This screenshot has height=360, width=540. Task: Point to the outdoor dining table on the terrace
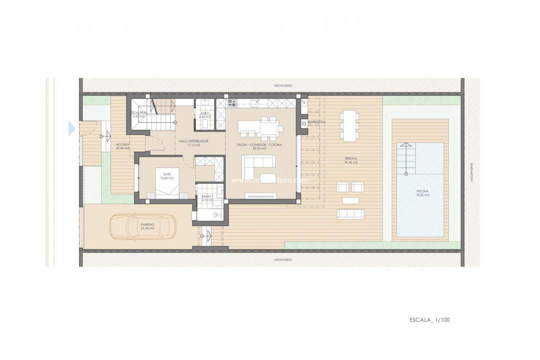click(x=348, y=124)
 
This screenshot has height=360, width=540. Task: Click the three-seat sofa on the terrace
click(x=350, y=213)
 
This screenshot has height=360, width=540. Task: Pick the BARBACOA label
click(x=317, y=121)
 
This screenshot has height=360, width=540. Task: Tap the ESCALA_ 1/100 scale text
click(x=429, y=319)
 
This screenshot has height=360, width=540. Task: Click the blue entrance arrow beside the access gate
click(x=71, y=129)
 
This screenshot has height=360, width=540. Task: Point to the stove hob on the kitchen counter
click(x=232, y=104)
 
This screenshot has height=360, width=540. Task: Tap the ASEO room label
click(x=204, y=114)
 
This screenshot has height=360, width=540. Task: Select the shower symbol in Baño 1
click(x=215, y=215)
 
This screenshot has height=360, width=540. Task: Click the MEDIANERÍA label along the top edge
click(x=282, y=85)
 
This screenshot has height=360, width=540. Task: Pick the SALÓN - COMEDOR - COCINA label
click(x=259, y=145)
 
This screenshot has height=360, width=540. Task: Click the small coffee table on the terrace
click(x=350, y=200)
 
